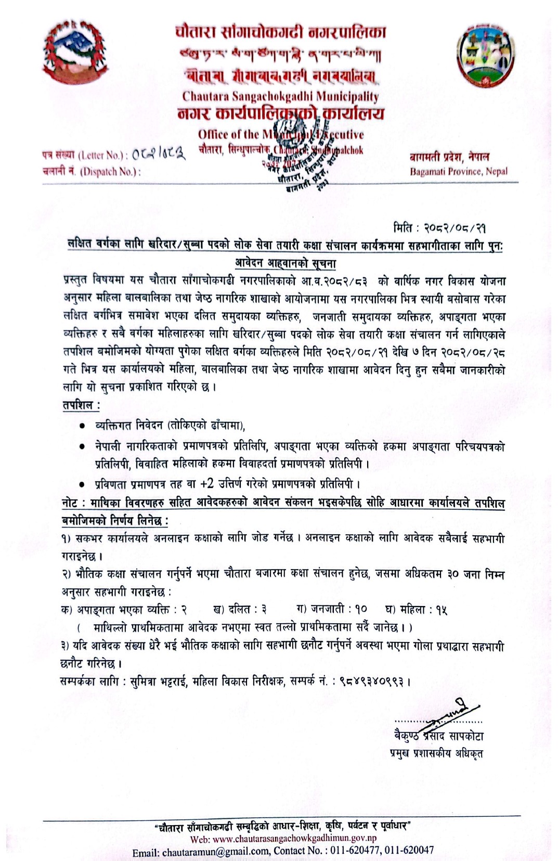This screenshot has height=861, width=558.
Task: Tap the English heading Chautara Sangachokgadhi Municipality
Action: point(280,96)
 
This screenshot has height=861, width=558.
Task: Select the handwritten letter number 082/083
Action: point(159,155)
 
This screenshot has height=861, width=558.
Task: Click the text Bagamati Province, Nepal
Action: point(458,171)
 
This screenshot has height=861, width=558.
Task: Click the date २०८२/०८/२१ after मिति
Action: point(455,228)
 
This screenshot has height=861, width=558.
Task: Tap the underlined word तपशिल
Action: point(81,405)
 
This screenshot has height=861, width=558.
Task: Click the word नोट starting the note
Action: point(70,503)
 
